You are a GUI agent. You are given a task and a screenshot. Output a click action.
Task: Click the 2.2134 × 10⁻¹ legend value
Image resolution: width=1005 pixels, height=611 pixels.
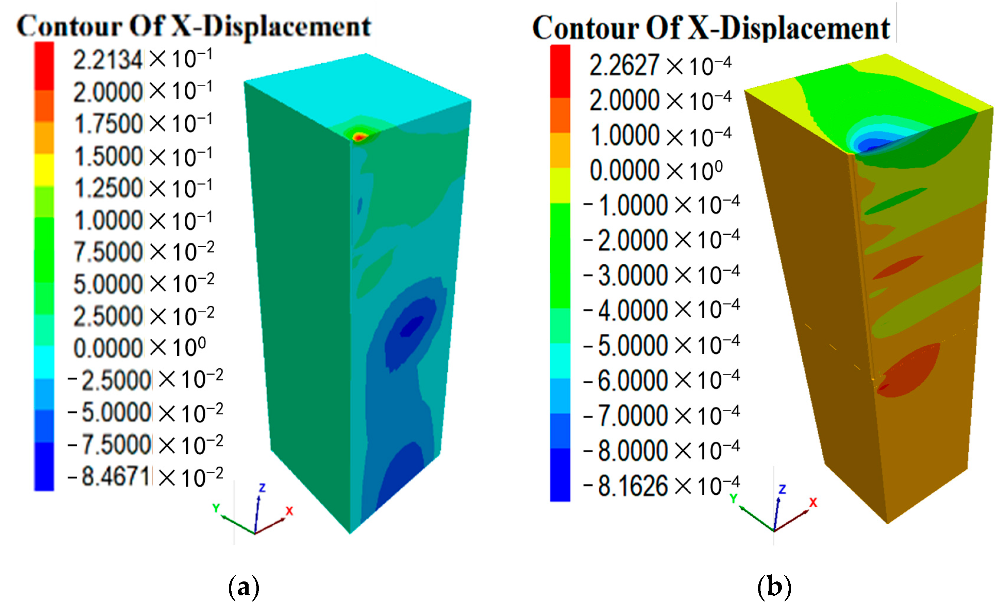pyautogui.click(x=143, y=59)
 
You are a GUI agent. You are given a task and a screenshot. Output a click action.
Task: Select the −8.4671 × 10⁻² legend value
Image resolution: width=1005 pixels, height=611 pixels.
pyautogui.click(x=145, y=477)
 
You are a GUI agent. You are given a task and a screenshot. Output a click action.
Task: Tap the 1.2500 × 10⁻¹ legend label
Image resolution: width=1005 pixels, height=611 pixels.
pyautogui.click(x=143, y=188)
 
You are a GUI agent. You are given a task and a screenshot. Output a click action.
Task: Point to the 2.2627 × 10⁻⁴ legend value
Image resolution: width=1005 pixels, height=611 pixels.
pyautogui.click(x=660, y=66)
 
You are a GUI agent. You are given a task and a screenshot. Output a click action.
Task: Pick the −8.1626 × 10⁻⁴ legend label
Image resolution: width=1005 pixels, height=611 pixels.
pyautogui.click(x=661, y=486)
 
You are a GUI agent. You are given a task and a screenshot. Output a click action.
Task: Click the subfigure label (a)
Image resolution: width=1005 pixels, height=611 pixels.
pyautogui.click(x=244, y=587)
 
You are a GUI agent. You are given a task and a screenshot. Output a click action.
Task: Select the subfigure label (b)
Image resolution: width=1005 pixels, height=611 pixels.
pyautogui.click(x=774, y=587)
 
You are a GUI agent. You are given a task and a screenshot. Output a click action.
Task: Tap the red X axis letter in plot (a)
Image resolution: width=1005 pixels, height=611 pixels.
pyautogui.click(x=289, y=511)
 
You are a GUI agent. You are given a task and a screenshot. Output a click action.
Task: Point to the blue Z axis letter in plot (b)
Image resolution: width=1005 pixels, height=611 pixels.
pyautogui.click(x=782, y=489)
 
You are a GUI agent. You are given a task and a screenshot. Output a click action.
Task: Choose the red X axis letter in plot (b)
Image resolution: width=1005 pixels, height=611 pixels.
pyautogui.click(x=813, y=502)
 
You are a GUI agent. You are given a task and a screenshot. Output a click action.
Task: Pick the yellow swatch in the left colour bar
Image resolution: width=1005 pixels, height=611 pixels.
pyautogui.click(x=44, y=170)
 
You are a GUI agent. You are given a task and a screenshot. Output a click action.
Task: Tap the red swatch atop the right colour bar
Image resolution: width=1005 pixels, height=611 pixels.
pyautogui.click(x=560, y=71)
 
